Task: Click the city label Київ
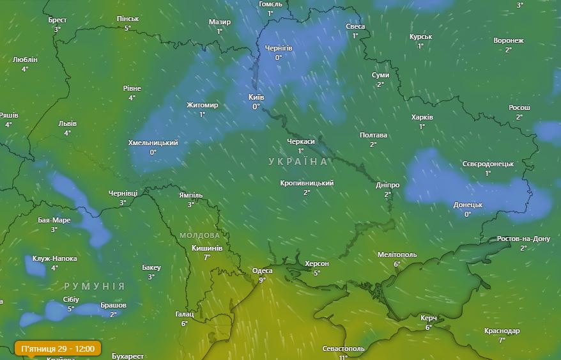pos(256,97)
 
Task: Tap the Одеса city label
pos(262,270)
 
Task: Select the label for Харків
pos(422,118)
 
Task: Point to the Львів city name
pos(67,123)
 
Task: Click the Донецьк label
pos(468,205)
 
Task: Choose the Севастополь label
pos(344,348)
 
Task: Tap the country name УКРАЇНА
pos(298,162)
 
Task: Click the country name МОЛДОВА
pos(199,235)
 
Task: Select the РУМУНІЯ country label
pos(95,286)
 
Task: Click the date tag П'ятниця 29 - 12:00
pos(58,348)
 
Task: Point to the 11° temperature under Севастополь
pos(343,357)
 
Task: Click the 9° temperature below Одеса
pos(262,279)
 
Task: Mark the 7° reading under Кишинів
pos(206,257)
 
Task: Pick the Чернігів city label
pos(279,48)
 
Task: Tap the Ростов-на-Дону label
pos(523,239)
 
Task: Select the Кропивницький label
pos(307,184)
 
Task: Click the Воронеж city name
pos(509,40)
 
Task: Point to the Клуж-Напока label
pos(55,259)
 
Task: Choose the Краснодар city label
pos(502,331)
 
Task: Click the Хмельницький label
pos(153,143)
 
